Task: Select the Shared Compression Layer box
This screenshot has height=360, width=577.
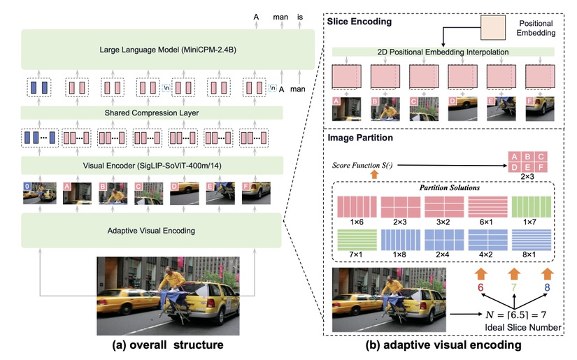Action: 151,113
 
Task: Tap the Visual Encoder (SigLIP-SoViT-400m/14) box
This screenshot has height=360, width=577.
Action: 151,165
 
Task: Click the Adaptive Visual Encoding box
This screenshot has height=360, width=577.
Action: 151,230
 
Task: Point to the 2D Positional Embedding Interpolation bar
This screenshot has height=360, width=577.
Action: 442,52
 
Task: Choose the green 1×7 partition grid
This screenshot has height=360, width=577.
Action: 532,207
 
